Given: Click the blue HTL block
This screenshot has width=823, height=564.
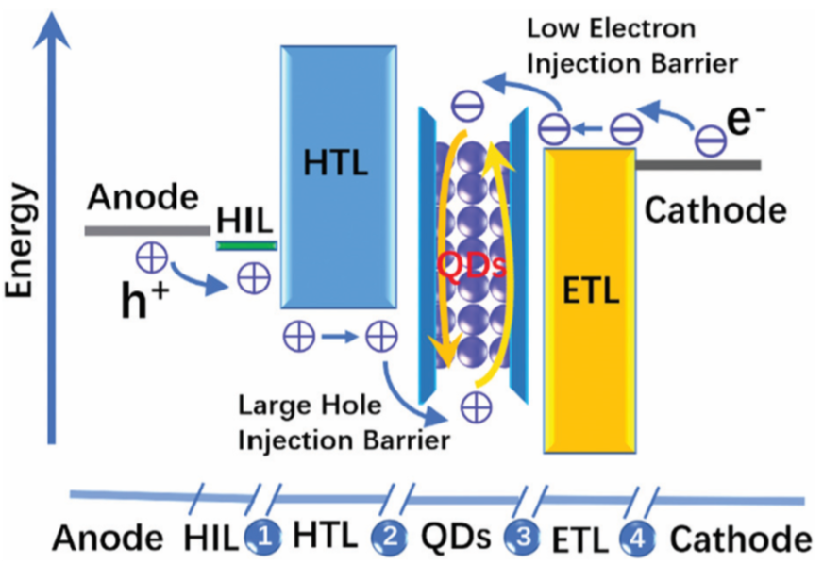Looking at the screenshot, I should (x=335, y=179).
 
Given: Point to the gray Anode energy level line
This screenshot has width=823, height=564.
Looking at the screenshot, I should (x=147, y=229).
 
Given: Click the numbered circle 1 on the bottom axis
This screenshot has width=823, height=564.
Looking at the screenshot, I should (x=264, y=538).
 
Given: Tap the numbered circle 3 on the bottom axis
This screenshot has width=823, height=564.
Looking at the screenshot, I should (x=523, y=538).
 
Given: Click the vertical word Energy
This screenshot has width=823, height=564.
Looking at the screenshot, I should (x=21, y=241).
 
